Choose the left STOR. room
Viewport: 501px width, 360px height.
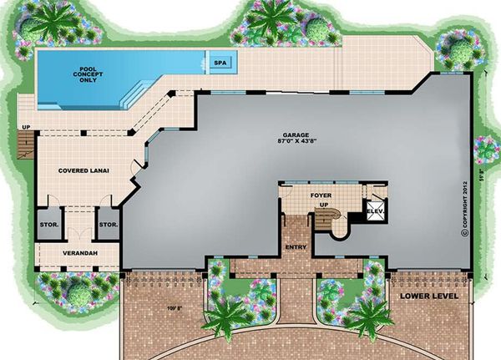[x=48, y=224]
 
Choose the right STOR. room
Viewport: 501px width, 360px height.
[x=108, y=224]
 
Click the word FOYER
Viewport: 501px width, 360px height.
[x=321, y=195]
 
